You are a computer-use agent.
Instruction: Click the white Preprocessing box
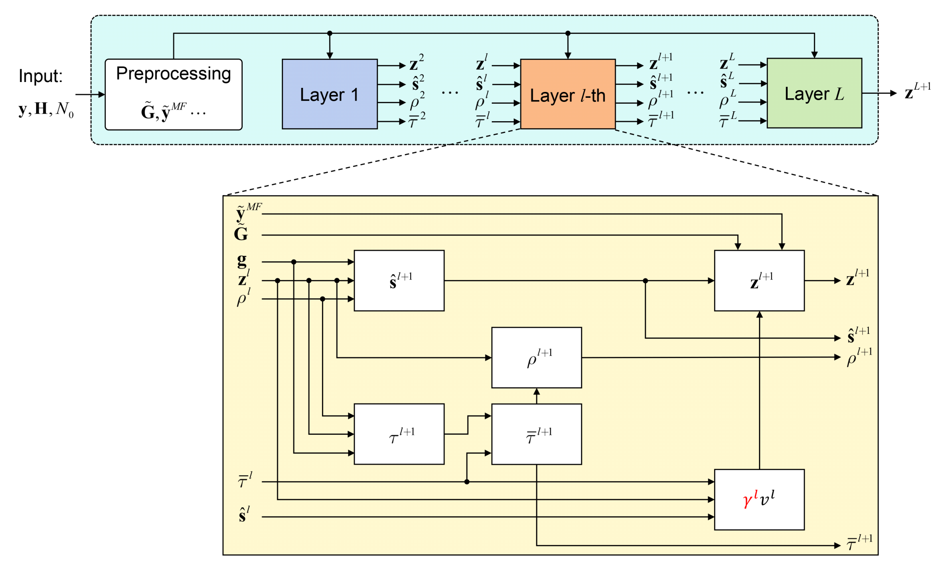point(173,95)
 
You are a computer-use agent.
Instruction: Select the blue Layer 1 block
point(329,94)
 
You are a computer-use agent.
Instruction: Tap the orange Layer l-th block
point(567,94)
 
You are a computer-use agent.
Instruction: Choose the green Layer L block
point(814,93)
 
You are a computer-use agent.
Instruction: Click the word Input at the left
point(40,76)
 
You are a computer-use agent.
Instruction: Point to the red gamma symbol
point(749,499)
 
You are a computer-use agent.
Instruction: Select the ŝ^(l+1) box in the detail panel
point(399,280)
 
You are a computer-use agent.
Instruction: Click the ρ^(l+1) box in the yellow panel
point(536,357)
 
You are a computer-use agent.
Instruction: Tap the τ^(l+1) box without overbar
point(399,434)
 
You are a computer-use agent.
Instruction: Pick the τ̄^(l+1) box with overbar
point(536,434)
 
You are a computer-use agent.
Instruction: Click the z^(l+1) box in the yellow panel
point(759,280)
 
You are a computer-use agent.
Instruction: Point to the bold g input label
point(242,260)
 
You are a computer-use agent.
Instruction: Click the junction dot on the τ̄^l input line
point(467,482)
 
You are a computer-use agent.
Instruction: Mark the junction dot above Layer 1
point(330,33)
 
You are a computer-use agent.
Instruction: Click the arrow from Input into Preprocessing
point(90,95)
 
